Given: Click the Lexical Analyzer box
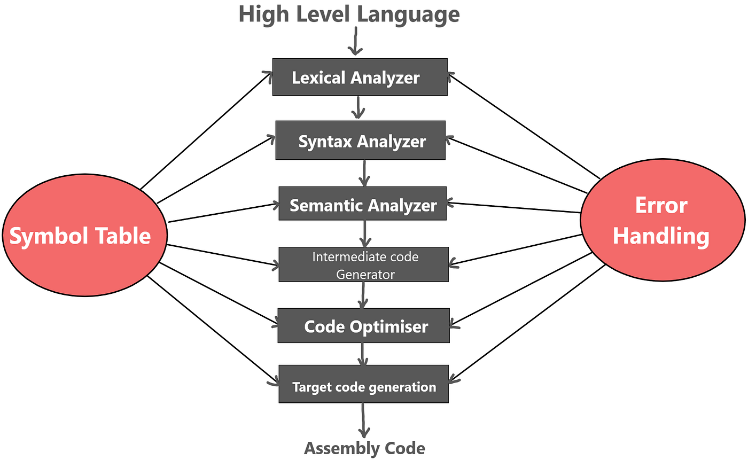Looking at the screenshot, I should click(x=360, y=77).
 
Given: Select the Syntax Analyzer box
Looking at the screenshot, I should click(x=360, y=141).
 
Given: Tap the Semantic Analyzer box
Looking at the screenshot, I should click(x=362, y=204).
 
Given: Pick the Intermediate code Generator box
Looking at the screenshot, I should click(x=363, y=264).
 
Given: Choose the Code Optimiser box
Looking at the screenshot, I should click(x=363, y=325).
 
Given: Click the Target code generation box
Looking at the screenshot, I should click(x=363, y=384).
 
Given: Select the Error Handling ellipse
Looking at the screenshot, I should click(x=662, y=220).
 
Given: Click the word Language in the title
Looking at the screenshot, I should click(x=408, y=14).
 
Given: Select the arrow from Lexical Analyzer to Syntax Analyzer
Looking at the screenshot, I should click(x=358, y=107).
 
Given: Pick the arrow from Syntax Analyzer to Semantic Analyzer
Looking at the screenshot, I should click(x=364, y=173).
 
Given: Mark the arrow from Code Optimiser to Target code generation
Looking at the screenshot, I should click(x=363, y=354).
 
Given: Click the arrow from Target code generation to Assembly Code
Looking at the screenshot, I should click(x=363, y=420).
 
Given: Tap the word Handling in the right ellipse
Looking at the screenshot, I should click(x=661, y=236).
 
